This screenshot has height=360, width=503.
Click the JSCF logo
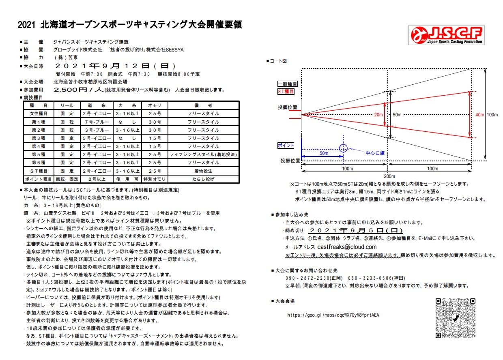[x=447, y=35]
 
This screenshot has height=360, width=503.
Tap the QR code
[x=454, y=318]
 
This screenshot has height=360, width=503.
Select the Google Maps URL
[x=333, y=315]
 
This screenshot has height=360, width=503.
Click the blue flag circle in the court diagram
[x=343, y=148]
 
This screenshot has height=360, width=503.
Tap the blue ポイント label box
[x=286, y=145]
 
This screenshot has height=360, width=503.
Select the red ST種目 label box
[x=286, y=92]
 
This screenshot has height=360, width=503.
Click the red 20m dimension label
[x=378, y=115]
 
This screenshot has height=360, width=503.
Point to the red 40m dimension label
[x=479, y=115]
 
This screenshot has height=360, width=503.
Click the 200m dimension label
[x=389, y=176]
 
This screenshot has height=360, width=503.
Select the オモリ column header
[x=155, y=105]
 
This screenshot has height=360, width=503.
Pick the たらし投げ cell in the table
[x=203, y=179]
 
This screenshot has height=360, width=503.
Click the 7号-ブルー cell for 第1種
[x=96, y=122]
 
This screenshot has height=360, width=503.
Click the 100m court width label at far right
[x=492, y=115]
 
